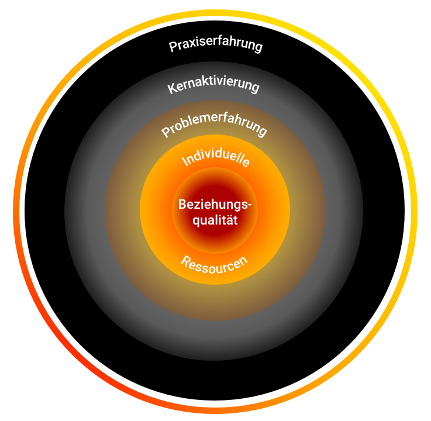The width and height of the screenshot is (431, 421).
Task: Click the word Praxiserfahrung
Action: (x=215, y=46)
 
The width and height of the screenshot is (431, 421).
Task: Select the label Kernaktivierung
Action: (x=213, y=87)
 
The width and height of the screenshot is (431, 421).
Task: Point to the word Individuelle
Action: (x=216, y=156)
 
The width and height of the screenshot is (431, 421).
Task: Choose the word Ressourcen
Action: (x=213, y=266)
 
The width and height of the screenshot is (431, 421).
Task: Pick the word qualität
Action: (x=216, y=222)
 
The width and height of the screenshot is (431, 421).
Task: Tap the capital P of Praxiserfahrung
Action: (x=173, y=47)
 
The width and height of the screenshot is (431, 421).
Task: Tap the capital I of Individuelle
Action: (x=184, y=163)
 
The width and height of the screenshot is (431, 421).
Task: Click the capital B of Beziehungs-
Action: (x=182, y=206)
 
